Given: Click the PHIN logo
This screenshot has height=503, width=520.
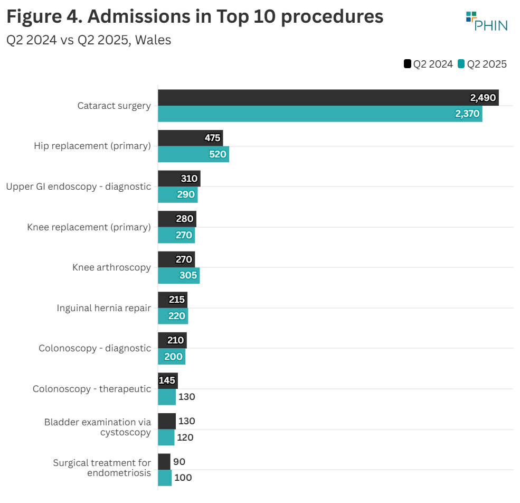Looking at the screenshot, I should pos(486,21).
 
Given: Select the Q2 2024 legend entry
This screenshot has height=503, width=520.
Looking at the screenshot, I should pos(428,64).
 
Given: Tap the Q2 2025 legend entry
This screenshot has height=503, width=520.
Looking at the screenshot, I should pos(482,64).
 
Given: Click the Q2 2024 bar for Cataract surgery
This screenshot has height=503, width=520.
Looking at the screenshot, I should pos(328,98).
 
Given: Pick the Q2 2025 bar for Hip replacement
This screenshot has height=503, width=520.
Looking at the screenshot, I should pos(193,154).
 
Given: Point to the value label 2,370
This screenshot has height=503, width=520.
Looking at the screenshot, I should pos(467,114).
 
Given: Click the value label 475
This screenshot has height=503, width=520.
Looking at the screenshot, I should pos(212,138).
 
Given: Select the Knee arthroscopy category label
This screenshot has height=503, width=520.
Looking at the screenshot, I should pos(111,267).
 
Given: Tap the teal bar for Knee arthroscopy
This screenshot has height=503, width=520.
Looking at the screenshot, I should pos(178,276).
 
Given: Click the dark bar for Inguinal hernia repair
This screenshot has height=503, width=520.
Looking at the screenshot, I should pos(173,300).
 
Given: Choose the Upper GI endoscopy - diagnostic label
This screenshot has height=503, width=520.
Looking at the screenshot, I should pos(78,187).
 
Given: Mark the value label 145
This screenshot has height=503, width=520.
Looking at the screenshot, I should pos(167,380).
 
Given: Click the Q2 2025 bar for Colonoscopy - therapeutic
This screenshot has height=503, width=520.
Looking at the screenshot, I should pos(167,397).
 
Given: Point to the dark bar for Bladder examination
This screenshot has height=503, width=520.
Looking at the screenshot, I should pos(167,421).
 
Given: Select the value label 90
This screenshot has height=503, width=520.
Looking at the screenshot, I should pos(179,462).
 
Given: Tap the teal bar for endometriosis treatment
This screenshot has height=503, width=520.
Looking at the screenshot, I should pos(165,478).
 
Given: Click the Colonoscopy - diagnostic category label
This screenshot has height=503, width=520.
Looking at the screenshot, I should pos(94,348).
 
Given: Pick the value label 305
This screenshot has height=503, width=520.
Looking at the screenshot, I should pos(187,276).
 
